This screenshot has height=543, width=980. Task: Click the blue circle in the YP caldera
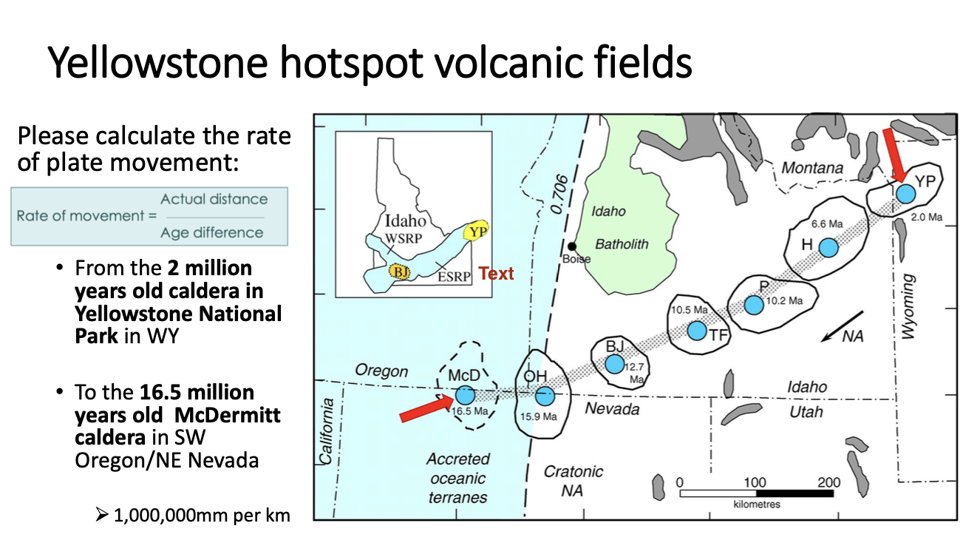905,194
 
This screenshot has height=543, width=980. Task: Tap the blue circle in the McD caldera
465,395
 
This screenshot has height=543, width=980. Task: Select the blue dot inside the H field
828,248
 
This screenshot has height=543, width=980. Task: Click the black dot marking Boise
572,246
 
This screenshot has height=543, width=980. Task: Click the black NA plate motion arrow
834,333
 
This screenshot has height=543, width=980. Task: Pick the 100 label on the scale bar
755,482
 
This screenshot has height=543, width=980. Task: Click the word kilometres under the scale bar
757,505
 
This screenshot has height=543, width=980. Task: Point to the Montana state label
812,169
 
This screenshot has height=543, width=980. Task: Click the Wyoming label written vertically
908,307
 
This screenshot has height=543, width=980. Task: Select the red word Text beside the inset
496,274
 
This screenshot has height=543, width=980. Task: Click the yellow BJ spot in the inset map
400,271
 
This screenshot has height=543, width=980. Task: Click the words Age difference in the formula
213,232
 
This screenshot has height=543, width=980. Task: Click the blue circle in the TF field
697,331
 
